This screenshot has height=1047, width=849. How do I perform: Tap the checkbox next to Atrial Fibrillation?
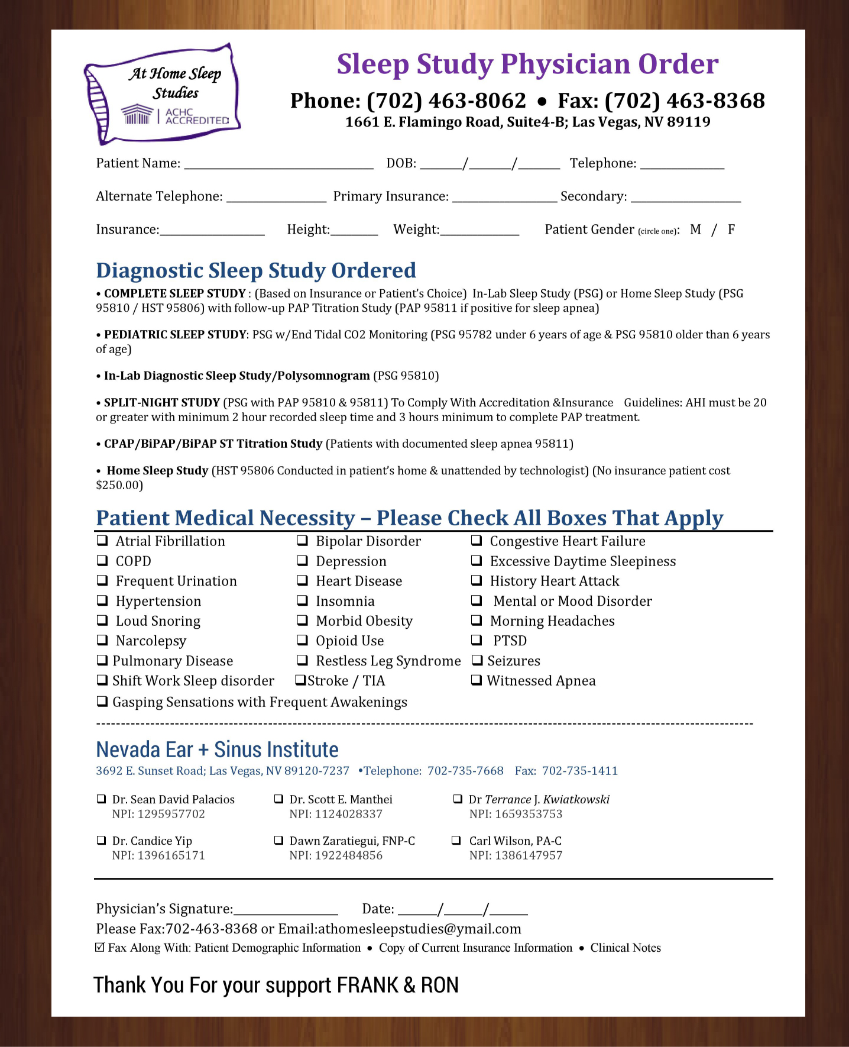[102, 540]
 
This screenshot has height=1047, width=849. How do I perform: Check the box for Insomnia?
[302, 600]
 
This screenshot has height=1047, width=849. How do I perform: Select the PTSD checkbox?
[477, 640]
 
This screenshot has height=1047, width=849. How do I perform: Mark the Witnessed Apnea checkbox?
[476, 680]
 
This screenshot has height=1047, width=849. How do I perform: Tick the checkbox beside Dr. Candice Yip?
[101, 840]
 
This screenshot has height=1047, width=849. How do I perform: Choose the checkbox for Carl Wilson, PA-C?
[456, 840]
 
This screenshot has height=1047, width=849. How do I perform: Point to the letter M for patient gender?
[695, 230]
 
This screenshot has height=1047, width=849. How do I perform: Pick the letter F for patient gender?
[731, 230]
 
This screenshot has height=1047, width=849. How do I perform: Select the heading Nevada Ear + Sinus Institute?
[217, 749]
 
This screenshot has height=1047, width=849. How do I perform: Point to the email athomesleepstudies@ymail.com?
[419, 929]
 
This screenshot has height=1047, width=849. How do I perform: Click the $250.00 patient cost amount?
[119, 485]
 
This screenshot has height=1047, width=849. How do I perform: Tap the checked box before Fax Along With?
[100, 948]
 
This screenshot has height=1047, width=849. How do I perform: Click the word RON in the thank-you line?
[439, 985]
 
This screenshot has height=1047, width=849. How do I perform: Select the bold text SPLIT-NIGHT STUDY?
[161, 403]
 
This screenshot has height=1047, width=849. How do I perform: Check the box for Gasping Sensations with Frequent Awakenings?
[102, 702]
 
